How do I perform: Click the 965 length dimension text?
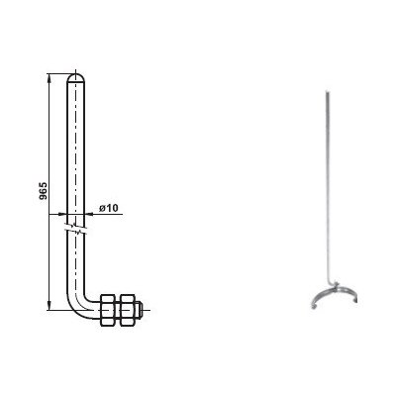tap(44, 191)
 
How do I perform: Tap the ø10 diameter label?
tap(108, 208)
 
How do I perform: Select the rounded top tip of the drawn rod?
tap(76, 77)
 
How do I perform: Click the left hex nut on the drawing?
tap(107, 310)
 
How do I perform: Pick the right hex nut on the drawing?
tap(128, 310)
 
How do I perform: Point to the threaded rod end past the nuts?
tap(139, 310)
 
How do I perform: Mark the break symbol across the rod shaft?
tap(77, 229)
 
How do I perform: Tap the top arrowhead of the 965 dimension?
tap(49, 79)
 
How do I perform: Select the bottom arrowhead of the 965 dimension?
tap(49, 305)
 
